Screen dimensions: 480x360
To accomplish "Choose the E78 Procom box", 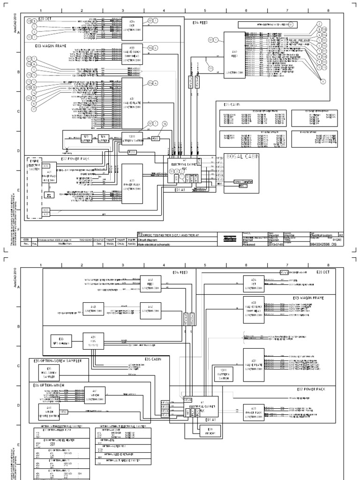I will click(x=197, y=431).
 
